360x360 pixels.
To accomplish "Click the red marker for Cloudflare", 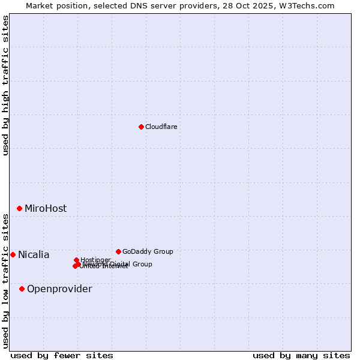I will [141, 127].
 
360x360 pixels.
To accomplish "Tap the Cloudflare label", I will [161, 127].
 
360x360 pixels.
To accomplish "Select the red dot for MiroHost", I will [20, 208].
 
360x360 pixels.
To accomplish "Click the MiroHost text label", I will [46, 209].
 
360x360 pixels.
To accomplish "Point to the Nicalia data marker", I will [13, 254].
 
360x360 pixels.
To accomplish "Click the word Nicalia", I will [34, 255].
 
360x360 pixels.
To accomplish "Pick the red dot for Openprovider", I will [22, 289].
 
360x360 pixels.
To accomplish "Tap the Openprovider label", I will [59, 289].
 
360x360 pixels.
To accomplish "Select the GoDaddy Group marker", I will [118, 251].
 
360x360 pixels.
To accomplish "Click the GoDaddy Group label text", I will [148, 251].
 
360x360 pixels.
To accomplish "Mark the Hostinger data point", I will [76, 260].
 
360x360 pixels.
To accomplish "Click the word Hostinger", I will [96, 260].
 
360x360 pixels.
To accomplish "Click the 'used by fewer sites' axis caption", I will [62, 355].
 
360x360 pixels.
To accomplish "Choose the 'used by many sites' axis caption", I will [301, 355].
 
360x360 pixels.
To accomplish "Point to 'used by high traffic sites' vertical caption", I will [6, 85].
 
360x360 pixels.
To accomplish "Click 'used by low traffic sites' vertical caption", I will [6, 280].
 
